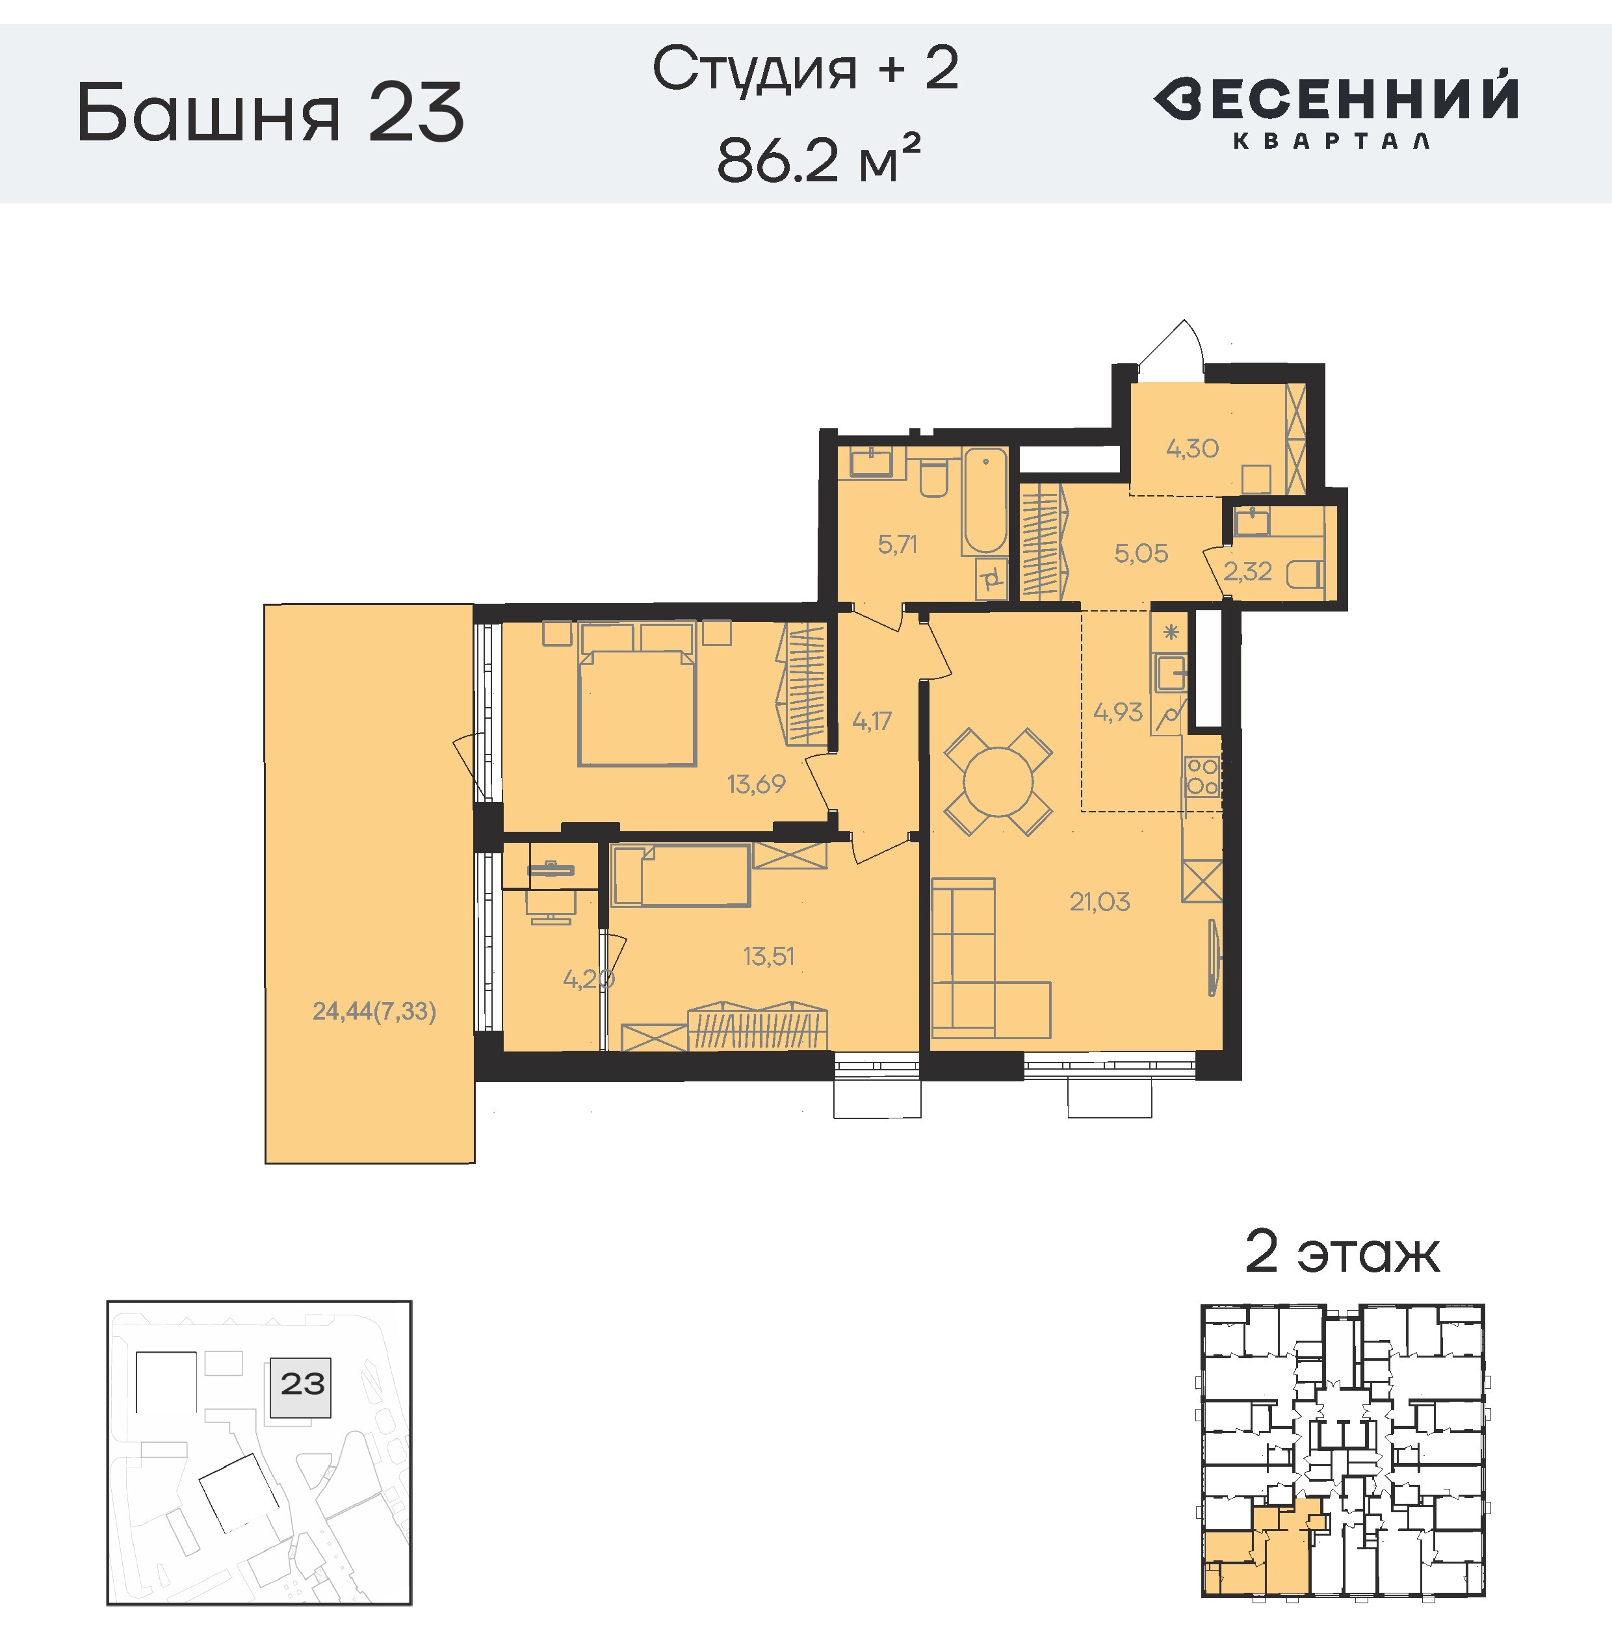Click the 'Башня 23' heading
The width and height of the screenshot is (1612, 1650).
pyautogui.click(x=271, y=112)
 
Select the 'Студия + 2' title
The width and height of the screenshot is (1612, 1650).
pyautogui.click(x=805, y=69)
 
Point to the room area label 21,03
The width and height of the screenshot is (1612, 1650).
pyautogui.click(x=1099, y=901)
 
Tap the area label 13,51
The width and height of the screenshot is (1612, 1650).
pyautogui.click(x=769, y=956)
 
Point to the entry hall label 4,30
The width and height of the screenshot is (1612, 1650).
pyautogui.click(x=1192, y=448)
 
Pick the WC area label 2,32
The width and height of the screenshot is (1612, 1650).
pyautogui.click(x=1248, y=571)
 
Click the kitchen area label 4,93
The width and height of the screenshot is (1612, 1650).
pyautogui.click(x=1117, y=712)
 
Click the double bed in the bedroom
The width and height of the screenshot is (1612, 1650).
pyautogui.click(x=636, y=693)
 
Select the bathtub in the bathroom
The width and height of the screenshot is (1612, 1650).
pyautogui.click(x=985, y=500)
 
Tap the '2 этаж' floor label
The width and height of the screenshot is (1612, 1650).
pyautogui.click(x=1342, y=1252)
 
